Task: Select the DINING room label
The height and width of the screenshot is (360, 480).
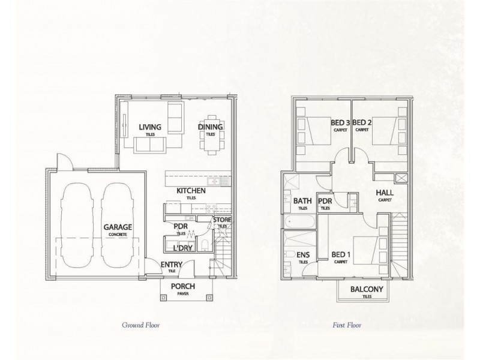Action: point(211,127)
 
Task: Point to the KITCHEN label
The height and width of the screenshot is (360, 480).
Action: point(191,191)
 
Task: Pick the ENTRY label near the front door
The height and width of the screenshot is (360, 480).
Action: point(172,263)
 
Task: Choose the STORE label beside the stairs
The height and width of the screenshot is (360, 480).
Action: point(222,220)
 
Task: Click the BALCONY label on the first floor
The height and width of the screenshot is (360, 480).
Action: point(364,289)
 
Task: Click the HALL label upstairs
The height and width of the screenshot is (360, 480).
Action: point(384,193)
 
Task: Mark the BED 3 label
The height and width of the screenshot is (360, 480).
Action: point(340,122)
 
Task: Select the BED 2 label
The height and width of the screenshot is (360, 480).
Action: point(362,122)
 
